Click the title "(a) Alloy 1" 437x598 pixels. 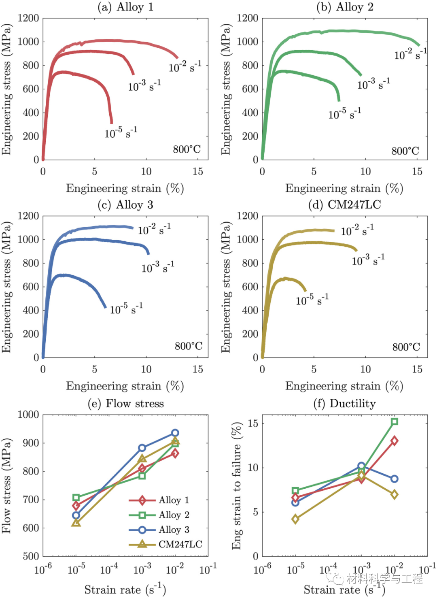click(x=125, y=7)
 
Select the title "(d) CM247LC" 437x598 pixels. click(x=344, y=204)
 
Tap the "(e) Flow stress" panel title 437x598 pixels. click(x=125, y=403)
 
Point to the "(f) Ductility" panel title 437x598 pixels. click(x=344, y=403)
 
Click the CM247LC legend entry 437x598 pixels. click(x=165, y=544)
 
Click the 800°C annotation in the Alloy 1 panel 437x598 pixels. click(x=187, y=149)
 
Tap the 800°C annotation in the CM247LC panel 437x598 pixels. click(x=406, y=347)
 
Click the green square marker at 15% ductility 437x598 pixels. click(x=395, y=421)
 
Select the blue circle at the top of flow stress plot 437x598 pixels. click(x=175, y=433)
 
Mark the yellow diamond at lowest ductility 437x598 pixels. click(x=295, y=519)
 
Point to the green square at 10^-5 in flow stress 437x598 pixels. click(x=76, y=498)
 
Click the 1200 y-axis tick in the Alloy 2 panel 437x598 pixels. click(x=247, y=18)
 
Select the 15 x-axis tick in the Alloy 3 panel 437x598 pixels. click(x=197, y=369)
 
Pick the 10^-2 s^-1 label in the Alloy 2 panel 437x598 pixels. click(x=410, y=53)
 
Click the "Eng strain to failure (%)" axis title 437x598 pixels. click(x=237, y=485)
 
